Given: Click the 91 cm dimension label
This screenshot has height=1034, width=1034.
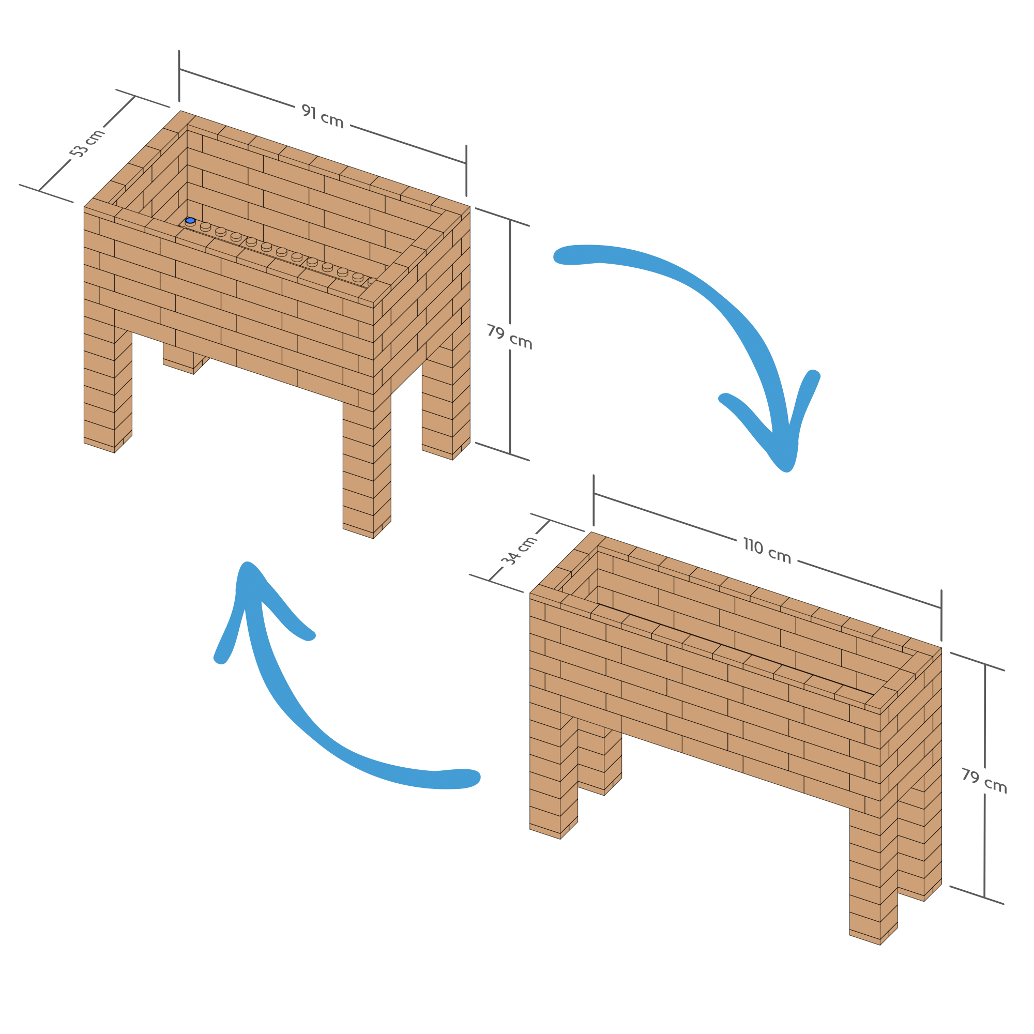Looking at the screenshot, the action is (322, 116).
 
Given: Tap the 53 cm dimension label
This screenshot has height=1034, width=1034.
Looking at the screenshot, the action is (88, 143).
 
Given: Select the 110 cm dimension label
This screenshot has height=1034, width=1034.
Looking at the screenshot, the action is (767, 551).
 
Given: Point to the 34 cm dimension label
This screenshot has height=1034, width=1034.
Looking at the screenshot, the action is (519, 550).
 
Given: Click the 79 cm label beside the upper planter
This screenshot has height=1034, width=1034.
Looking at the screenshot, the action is (509, 337).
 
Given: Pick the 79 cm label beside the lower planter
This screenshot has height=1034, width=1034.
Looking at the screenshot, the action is (984, 781).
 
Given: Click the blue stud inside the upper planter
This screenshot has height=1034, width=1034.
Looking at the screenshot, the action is (190, 221).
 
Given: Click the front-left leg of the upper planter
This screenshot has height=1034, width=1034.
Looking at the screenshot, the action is (107, 391).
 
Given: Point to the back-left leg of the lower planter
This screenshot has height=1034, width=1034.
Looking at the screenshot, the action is (599, 760).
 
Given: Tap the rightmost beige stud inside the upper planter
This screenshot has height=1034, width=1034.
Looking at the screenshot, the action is (371, 281).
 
